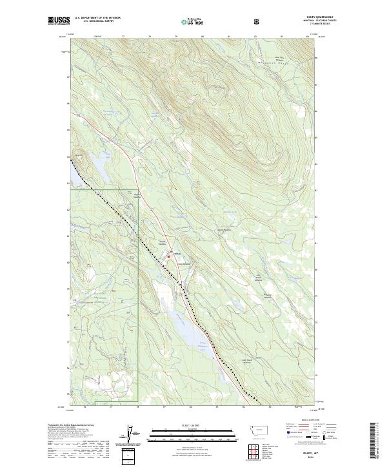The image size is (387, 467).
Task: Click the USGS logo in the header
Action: point(59,21)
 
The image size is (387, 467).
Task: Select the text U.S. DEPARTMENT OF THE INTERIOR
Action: point(97,18)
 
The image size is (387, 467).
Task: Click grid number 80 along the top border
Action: point(202,37)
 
